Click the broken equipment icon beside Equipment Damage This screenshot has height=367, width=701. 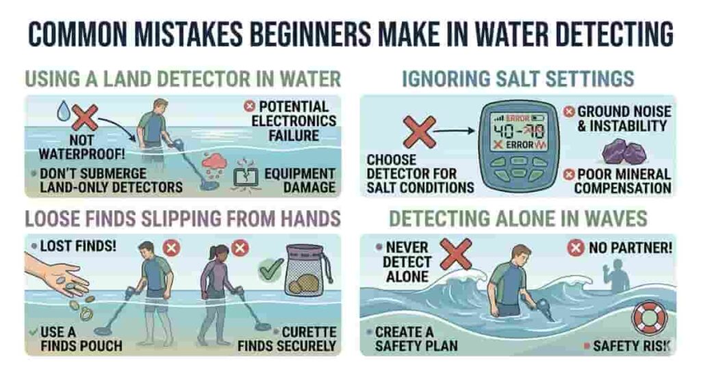246,176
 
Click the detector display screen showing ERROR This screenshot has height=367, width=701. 519,131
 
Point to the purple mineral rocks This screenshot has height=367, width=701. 623,151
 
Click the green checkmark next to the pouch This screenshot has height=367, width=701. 271,269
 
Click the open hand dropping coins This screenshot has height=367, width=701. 53,273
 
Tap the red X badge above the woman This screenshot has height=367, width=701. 240,247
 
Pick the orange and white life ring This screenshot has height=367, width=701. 648,318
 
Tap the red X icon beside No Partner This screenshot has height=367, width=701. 575,247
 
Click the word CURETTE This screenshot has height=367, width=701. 309,332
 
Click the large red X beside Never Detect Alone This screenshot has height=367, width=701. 455,253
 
